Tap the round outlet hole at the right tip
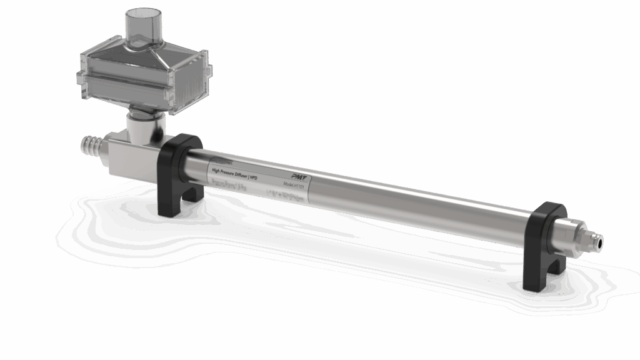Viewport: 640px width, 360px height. [602, 239]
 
